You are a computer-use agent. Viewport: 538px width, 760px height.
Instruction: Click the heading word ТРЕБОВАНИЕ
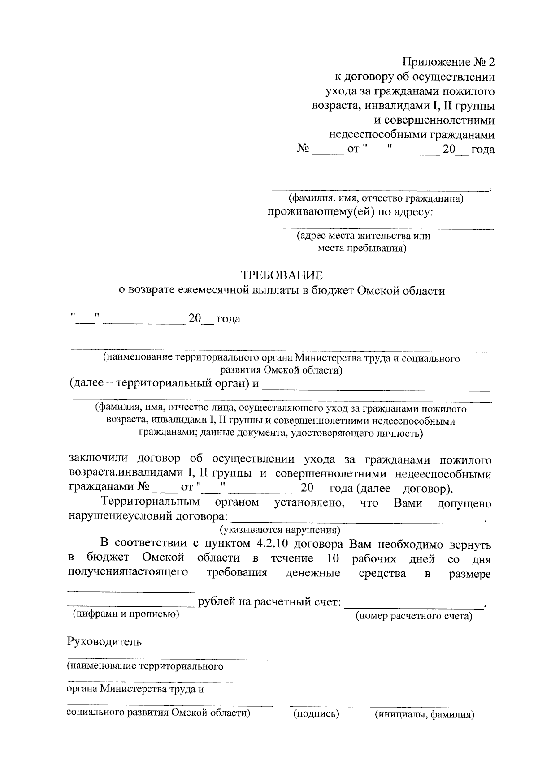click(x=282, y=275)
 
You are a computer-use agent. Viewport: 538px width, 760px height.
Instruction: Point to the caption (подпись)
click(x=316, y=714)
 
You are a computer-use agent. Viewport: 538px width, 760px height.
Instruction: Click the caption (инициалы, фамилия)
click(x=425, y=714)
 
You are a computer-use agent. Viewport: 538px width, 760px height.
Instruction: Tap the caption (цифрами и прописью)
click(x=126, y=614)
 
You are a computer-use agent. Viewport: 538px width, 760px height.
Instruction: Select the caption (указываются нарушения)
click(x=280, y=531)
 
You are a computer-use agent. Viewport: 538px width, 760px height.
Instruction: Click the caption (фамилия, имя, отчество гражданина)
click(x=376, y=198)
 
